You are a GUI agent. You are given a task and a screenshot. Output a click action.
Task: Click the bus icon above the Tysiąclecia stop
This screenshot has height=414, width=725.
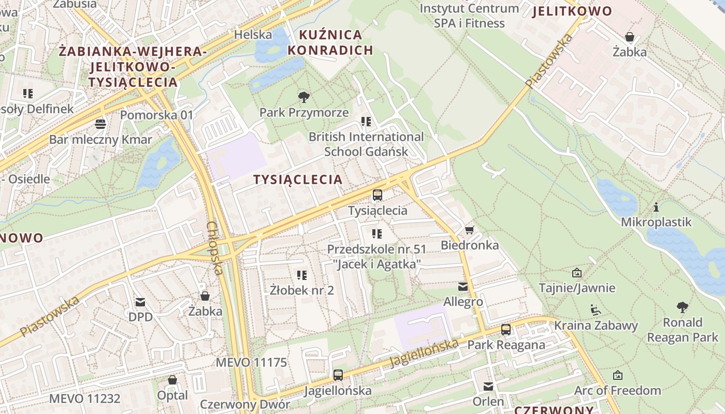(378, 195)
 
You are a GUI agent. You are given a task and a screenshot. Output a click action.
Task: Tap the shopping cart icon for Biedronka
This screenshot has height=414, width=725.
(469, 230)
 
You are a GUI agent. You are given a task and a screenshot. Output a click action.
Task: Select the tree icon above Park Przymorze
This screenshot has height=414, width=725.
(304, 97)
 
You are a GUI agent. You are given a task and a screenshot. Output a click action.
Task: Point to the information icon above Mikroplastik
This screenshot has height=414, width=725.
(656, 207)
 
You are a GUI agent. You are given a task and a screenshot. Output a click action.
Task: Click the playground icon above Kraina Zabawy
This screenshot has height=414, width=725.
(596, 310)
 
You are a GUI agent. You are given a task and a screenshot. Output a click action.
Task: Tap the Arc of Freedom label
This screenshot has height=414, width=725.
(618, 390)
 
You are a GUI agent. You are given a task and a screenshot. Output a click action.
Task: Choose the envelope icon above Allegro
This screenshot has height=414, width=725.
(462, 286)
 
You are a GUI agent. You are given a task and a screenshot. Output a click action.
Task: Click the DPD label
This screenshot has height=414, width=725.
(140, 316)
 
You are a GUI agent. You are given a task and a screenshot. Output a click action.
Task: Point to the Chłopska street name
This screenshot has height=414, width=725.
(215, 248)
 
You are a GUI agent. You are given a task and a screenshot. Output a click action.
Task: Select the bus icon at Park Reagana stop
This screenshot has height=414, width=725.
(506, 330)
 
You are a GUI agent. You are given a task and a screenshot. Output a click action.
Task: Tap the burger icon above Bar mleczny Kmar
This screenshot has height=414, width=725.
(100, 124)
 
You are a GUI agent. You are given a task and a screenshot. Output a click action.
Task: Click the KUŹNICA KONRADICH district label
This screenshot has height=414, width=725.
(330, 42)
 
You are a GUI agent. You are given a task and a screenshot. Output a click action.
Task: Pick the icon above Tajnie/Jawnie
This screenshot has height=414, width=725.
(576, 273)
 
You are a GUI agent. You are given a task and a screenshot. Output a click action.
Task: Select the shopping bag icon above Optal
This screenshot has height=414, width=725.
(172, 380)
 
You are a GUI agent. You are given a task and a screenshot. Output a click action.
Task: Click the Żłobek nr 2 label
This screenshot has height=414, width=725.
(302, 290)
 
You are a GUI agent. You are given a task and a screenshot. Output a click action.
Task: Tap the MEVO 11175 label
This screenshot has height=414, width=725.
(251, 362)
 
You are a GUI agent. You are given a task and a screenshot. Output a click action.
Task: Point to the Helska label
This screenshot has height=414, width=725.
(253, 35)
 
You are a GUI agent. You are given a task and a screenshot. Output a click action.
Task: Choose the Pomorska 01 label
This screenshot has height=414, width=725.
(156, 115)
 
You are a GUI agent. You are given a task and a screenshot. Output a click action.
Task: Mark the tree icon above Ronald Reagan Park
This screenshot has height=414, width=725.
(683, 307)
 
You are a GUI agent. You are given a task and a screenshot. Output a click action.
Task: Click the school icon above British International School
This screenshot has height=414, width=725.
(366, 122)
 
